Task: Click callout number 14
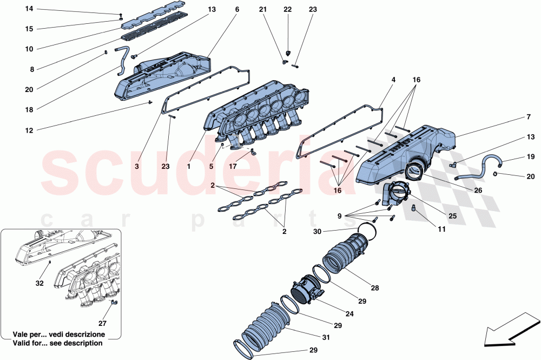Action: [29, 9]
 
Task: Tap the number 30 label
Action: [319, 232]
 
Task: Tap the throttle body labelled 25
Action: [398, 195]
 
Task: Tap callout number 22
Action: [287, 10]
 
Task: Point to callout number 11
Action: [441, 230]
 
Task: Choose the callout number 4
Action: [393, 80]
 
